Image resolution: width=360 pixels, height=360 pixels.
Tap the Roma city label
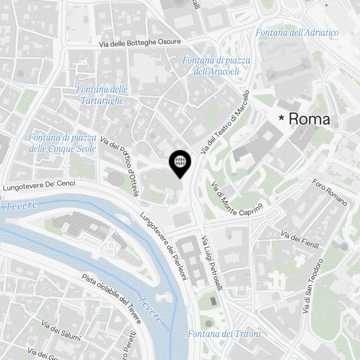(309, 119)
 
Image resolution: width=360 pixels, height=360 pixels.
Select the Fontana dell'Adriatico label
(297, 33)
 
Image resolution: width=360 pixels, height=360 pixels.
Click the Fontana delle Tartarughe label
(102, 95)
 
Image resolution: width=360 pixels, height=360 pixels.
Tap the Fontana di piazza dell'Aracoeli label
(216, 66)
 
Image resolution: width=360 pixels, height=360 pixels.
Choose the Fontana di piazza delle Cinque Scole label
(62, 143)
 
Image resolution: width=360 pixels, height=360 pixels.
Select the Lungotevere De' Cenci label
(39, 185)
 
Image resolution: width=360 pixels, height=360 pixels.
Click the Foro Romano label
(329, 192)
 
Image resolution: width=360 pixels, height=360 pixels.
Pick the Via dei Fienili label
(300, 240)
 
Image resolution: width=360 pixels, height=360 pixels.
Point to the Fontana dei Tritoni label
(224, 334)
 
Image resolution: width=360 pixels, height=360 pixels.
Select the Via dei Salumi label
(61, 331)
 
